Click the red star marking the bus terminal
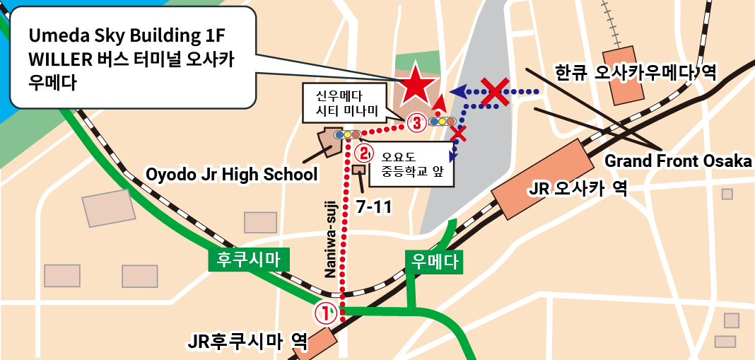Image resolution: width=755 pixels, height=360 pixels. [417, 84]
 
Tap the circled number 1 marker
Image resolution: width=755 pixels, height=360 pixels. [324, 311]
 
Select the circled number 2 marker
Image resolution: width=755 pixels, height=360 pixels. [363, 151]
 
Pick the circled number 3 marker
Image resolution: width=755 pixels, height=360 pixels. [416, 123]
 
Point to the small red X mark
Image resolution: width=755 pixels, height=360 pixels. [459, 132]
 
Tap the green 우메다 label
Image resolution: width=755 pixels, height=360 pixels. [435, 262]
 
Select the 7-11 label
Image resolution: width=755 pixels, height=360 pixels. [374, 206]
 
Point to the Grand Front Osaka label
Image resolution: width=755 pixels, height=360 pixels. [678, 161]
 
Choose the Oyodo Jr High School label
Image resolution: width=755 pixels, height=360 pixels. [231, 174]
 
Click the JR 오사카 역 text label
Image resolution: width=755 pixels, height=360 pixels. [578, 190]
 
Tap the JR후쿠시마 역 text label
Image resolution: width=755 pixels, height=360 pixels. [247, 342]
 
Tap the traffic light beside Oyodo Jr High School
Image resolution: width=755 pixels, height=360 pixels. [348, 134]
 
